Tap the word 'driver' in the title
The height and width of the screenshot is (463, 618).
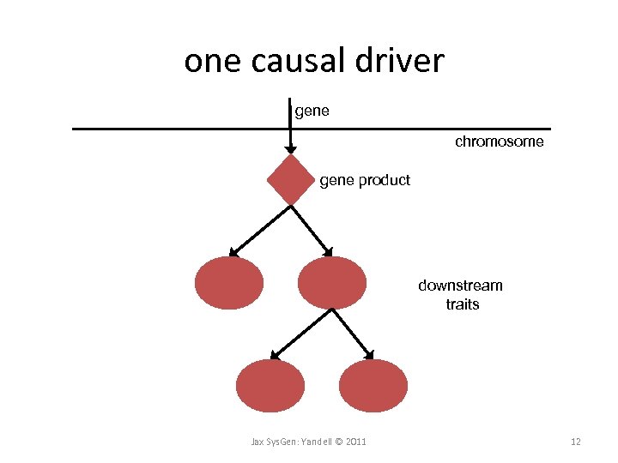point(403,61)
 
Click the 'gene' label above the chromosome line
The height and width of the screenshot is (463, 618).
point(312,111)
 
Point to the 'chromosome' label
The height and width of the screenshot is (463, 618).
point(499,141)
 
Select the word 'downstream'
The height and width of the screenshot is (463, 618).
point(460,286)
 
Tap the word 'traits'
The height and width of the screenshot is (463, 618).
point(463,304)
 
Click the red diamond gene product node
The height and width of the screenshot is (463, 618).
point(291,180)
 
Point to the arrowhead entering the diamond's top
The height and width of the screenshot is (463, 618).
point(291,149)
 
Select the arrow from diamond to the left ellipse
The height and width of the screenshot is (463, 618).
point(259,229)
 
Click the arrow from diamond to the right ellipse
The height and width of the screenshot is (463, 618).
point(311,229)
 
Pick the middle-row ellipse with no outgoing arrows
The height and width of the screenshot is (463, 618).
point(229,283)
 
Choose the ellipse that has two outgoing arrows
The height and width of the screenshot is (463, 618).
point(331,283)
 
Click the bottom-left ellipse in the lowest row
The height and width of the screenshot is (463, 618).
point(270,386)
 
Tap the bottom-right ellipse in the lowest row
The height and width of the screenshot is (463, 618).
point(373,386)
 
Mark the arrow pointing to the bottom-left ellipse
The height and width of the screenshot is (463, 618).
point(300,333)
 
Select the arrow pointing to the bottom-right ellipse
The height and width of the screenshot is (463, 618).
point(353,333)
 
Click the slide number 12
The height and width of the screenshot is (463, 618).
point(576,442)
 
